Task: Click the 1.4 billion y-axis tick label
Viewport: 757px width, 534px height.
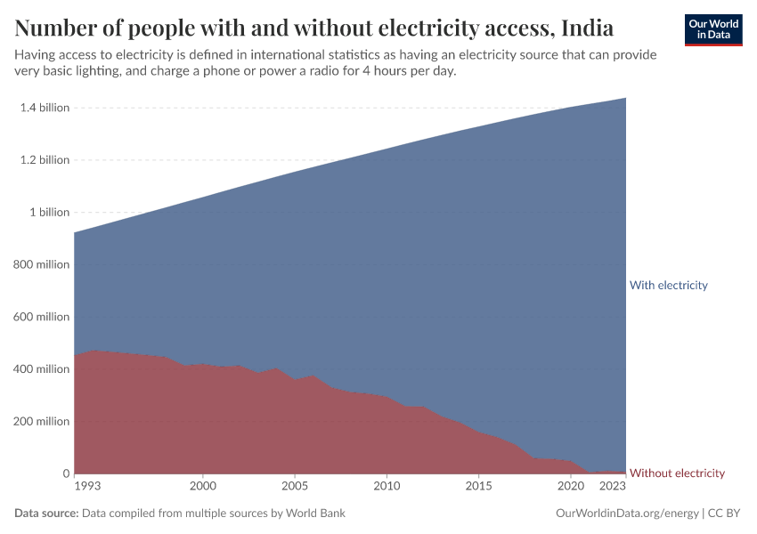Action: click(44, 108)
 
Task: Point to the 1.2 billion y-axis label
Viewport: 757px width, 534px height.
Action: click(44, 160)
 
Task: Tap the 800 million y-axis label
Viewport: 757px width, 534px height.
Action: click(41, 264)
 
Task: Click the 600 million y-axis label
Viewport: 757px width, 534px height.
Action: click(41, 317)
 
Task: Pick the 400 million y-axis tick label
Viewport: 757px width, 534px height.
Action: click(41, 369)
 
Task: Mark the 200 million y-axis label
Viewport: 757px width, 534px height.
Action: click(41, 422)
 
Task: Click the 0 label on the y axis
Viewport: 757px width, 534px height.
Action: click(65, 473)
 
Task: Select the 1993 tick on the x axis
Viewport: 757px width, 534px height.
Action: click(87, 487)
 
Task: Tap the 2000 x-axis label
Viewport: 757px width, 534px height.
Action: click(203, 487)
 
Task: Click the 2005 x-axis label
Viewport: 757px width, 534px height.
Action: click(295, 487)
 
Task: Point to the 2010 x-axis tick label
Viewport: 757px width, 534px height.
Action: click(387, 487)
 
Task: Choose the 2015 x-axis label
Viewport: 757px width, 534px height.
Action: click(478, 487)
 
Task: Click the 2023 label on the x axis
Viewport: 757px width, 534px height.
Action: click(613, 487)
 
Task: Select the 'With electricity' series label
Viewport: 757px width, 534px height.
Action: click(668, 286)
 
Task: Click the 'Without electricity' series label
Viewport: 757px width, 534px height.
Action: click(677, 473)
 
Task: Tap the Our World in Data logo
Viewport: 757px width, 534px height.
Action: click(712, 30)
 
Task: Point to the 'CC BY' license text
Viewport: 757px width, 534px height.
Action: click(725, 514)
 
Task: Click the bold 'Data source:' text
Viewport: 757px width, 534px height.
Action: click(46, 514)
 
